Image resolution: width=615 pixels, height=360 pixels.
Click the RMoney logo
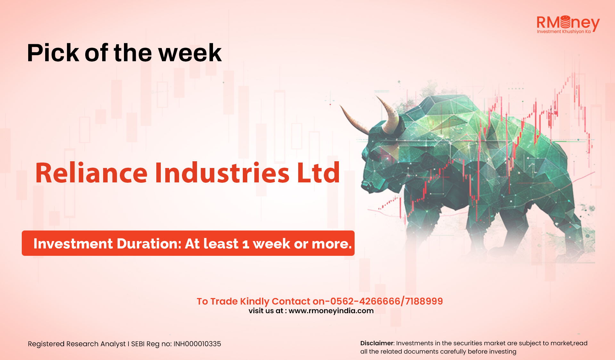[x=568, y=24]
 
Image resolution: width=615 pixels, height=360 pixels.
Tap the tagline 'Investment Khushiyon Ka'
[x=564, y=31]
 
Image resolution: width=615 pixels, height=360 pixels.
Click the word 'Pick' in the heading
[x=53, y=53]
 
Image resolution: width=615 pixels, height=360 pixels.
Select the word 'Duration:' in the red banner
[x=150, y=244]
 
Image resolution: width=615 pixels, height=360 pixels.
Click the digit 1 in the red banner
[x=246, y=244]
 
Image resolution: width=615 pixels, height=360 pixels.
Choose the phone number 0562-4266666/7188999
[x=386, y=301]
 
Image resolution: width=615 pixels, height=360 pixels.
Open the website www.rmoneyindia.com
[x=331, y=311]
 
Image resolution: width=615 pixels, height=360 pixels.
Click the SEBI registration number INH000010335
[x=197, y=344]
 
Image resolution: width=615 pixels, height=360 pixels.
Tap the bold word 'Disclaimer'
[x=377, y=343]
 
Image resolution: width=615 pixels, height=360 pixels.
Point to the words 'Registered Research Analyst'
[x=77, y=344]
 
